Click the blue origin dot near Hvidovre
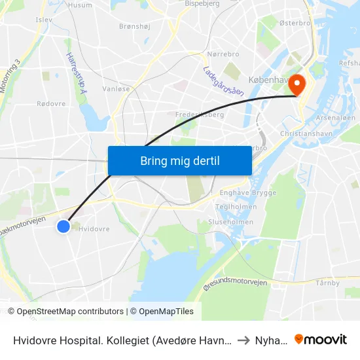pyautogui.click(x=63, y=226)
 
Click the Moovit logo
pyautogui.click(x=321, y=339)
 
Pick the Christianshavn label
pyautogui.click(x=302, y=133)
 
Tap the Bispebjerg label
pyautogui.click(x=204, y=3)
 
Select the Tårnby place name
pyautogui.click(x=327, y=283)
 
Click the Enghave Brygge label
pyautogui.click(x=248, y=193)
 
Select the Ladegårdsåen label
pyautogui.click(x=224, y=81)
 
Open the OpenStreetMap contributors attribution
pyautogui.click(x=70, y=312)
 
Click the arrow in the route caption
pyautogui.click(x=243, y=340)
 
